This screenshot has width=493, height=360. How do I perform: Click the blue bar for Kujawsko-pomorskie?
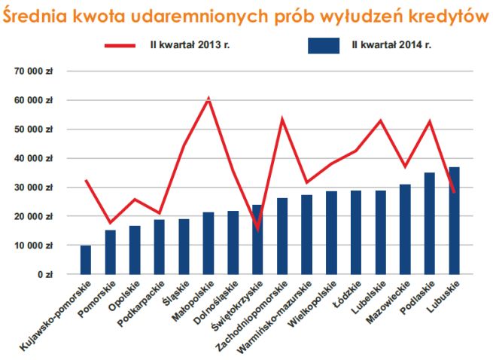(x=86, y=260)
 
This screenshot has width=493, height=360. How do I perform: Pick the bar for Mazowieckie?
(x=405, y=230)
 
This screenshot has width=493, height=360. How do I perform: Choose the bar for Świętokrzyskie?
(x=257, y=239)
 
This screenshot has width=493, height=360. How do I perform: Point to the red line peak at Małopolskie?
(x=208, y=99)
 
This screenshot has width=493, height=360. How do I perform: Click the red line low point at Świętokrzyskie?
(x=257, y=228)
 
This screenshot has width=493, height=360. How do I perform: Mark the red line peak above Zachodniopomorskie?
(x=282, y=119)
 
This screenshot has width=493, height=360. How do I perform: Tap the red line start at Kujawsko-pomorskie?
(x=86, y=181)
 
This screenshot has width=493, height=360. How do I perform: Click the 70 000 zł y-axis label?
(x=34, y=71)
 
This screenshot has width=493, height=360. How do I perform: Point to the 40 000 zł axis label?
(x=34, y=158)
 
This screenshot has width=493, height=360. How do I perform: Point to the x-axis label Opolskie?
(x=124, y=297)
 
